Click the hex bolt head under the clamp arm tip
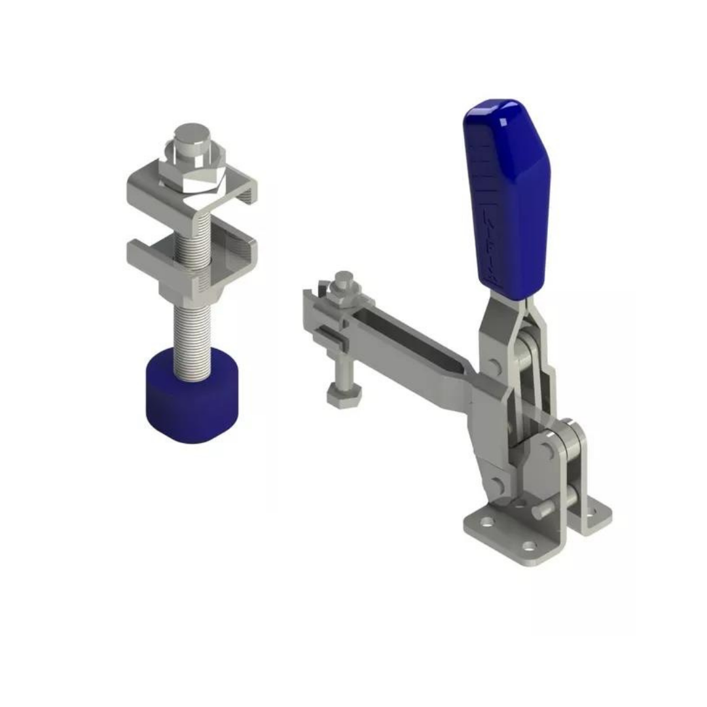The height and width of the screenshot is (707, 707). pyautogui.click(x=342, y=398)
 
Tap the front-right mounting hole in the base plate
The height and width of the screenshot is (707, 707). pyautogui.click(x=529, y=545)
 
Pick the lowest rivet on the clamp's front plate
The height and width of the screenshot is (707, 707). pyautogui.click(x=496, y=484)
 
